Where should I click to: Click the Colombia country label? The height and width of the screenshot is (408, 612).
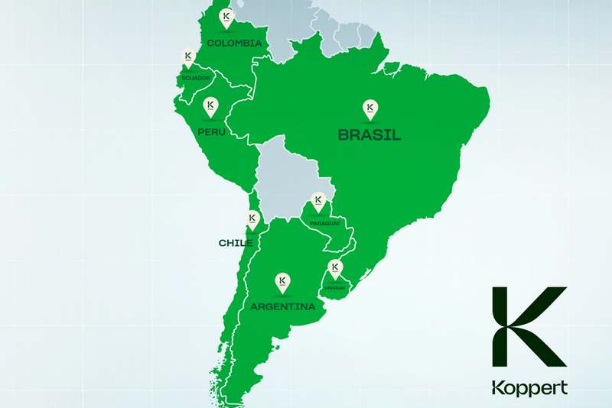point(234,44)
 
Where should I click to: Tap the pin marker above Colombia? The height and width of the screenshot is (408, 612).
point(225,17)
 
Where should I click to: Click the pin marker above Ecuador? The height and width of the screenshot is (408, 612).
point(188,57)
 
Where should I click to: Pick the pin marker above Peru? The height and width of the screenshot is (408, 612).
point(210,106)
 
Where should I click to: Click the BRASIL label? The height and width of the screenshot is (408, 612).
point(370,135)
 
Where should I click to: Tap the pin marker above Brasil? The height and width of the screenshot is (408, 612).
point(370,108)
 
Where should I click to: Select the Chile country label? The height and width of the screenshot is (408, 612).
point(236,243)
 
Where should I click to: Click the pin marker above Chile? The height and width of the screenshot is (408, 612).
point(252,219)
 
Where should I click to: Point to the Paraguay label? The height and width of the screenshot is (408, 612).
point(324,223)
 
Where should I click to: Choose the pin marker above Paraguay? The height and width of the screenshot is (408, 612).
point(317,202)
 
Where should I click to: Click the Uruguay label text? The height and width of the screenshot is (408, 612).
point(334,287)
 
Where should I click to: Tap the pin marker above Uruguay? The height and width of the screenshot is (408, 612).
point(334,267)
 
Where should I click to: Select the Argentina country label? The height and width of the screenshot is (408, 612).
point(283,307)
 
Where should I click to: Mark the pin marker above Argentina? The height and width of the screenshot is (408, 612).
point(282,281)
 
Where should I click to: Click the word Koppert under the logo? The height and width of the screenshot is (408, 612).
point(529,387)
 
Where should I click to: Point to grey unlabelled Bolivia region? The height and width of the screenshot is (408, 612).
point(291,180)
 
